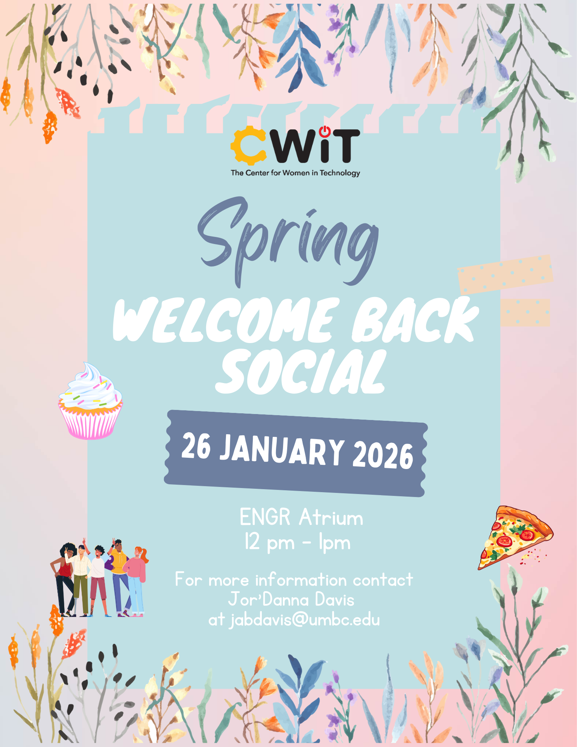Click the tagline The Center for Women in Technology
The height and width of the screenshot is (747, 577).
(x=295, y=173)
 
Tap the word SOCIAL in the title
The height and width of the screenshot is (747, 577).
(x=301, y=372)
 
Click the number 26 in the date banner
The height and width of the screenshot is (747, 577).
(x=196, y=445)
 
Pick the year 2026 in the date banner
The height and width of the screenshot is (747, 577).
(x=383, y=456)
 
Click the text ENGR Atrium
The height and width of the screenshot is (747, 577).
(x=301, y=518)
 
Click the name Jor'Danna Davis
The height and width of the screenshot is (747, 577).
(x=291, y=600)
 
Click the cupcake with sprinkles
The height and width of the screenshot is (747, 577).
(x=91, y=402)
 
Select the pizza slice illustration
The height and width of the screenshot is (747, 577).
(x=514, y=536)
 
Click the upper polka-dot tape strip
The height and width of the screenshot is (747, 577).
(x=505, y=274)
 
